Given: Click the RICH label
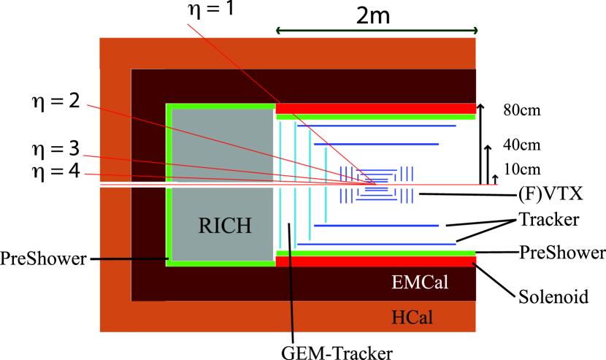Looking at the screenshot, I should point(225,226).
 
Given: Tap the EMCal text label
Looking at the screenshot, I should point(420,283).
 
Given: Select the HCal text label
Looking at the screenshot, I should point(412,318).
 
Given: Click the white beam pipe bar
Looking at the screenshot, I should point(138,184).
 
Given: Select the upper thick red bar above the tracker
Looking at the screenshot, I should point(376,108).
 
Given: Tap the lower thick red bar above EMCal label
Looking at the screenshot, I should point(376,261).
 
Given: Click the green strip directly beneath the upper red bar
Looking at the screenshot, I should point(376,117).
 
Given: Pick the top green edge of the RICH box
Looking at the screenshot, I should point(221,107).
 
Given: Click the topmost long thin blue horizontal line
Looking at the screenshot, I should point(377,126).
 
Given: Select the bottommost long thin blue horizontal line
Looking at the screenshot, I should point(377,244).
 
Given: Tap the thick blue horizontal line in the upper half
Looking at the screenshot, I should point(377,145).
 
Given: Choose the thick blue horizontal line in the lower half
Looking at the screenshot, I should point(377,226).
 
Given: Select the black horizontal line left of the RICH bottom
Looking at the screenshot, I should point(134,258).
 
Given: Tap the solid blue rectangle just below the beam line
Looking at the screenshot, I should point(377,189).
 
